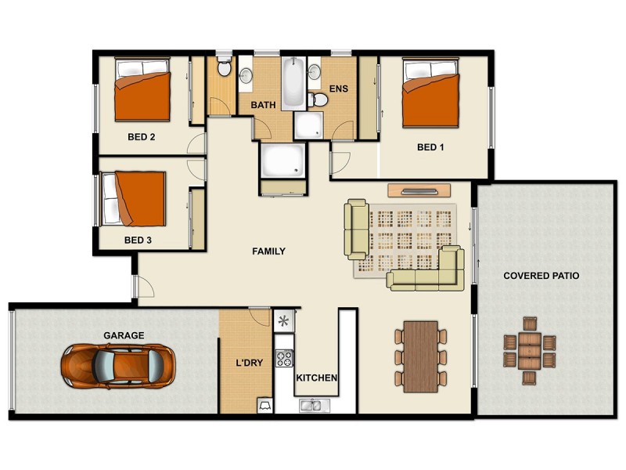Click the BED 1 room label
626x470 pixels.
[430, 147]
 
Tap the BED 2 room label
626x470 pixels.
[142, 136]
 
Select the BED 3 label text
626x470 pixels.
[138, 240]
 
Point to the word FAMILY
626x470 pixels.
[268, 251]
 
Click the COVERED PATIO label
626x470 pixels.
[541, 276]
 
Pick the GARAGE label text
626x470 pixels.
[124, 336]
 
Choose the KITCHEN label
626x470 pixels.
[316, 378]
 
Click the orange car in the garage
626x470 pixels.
[118, 364]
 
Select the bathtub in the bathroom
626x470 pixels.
[293, 83]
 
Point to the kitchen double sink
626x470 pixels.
[315, 405]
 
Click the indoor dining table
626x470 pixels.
[421, 356]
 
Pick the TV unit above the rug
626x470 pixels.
[419, 190]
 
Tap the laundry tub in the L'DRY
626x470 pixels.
[264, 405]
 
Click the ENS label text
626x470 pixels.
[338, 89]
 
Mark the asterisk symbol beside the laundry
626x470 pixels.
[284, 320]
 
